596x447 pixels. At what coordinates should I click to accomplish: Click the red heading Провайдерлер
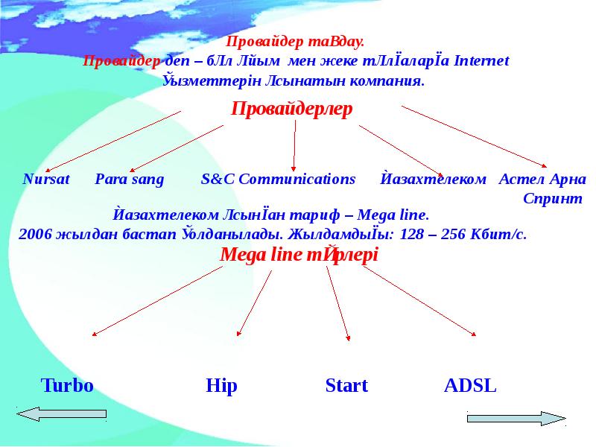292,109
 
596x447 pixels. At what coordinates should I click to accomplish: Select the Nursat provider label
46,180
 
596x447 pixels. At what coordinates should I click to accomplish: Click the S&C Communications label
279,180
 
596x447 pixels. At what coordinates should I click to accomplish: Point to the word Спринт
553,199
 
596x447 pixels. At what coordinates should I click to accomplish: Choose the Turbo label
66,386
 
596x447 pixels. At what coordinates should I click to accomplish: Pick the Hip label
221,386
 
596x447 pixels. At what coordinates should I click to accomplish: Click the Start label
346,386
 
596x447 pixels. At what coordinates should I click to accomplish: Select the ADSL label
470,386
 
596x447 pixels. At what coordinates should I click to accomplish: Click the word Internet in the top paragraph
481,61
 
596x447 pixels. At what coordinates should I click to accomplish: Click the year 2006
35,234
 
